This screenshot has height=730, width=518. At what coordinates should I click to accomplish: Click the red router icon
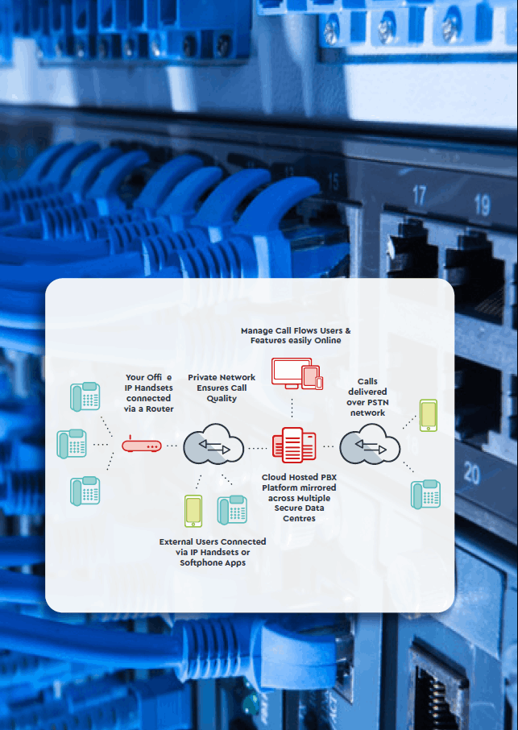tap(141, 444)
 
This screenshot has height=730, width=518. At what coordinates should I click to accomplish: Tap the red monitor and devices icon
tap(296, 374)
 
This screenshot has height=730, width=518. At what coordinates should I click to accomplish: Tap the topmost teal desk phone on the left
tap(85, 396)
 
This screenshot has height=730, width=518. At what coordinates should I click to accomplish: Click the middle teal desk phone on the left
tap(72, 444)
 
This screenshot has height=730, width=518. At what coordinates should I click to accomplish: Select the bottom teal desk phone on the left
tap(85, 491)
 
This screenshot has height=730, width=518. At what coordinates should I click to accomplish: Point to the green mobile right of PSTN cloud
tap(428, 414)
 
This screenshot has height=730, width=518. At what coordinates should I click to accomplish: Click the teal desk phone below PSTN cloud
tap(426, 494)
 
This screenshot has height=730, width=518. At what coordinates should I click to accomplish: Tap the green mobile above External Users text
tap(193, 511)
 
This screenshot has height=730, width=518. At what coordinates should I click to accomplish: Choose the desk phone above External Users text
tap(232, 509)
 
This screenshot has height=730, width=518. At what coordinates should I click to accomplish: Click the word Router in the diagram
tap(160, 409)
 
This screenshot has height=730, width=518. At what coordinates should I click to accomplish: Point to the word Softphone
tap(203, 562)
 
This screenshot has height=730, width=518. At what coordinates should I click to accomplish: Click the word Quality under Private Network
tap(222, 399)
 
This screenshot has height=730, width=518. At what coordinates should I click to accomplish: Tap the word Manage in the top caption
tap(259, 331)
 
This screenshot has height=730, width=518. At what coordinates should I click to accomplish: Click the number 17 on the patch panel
tap(419, 195)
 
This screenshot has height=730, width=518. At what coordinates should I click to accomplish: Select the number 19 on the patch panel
tap(481, 204)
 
